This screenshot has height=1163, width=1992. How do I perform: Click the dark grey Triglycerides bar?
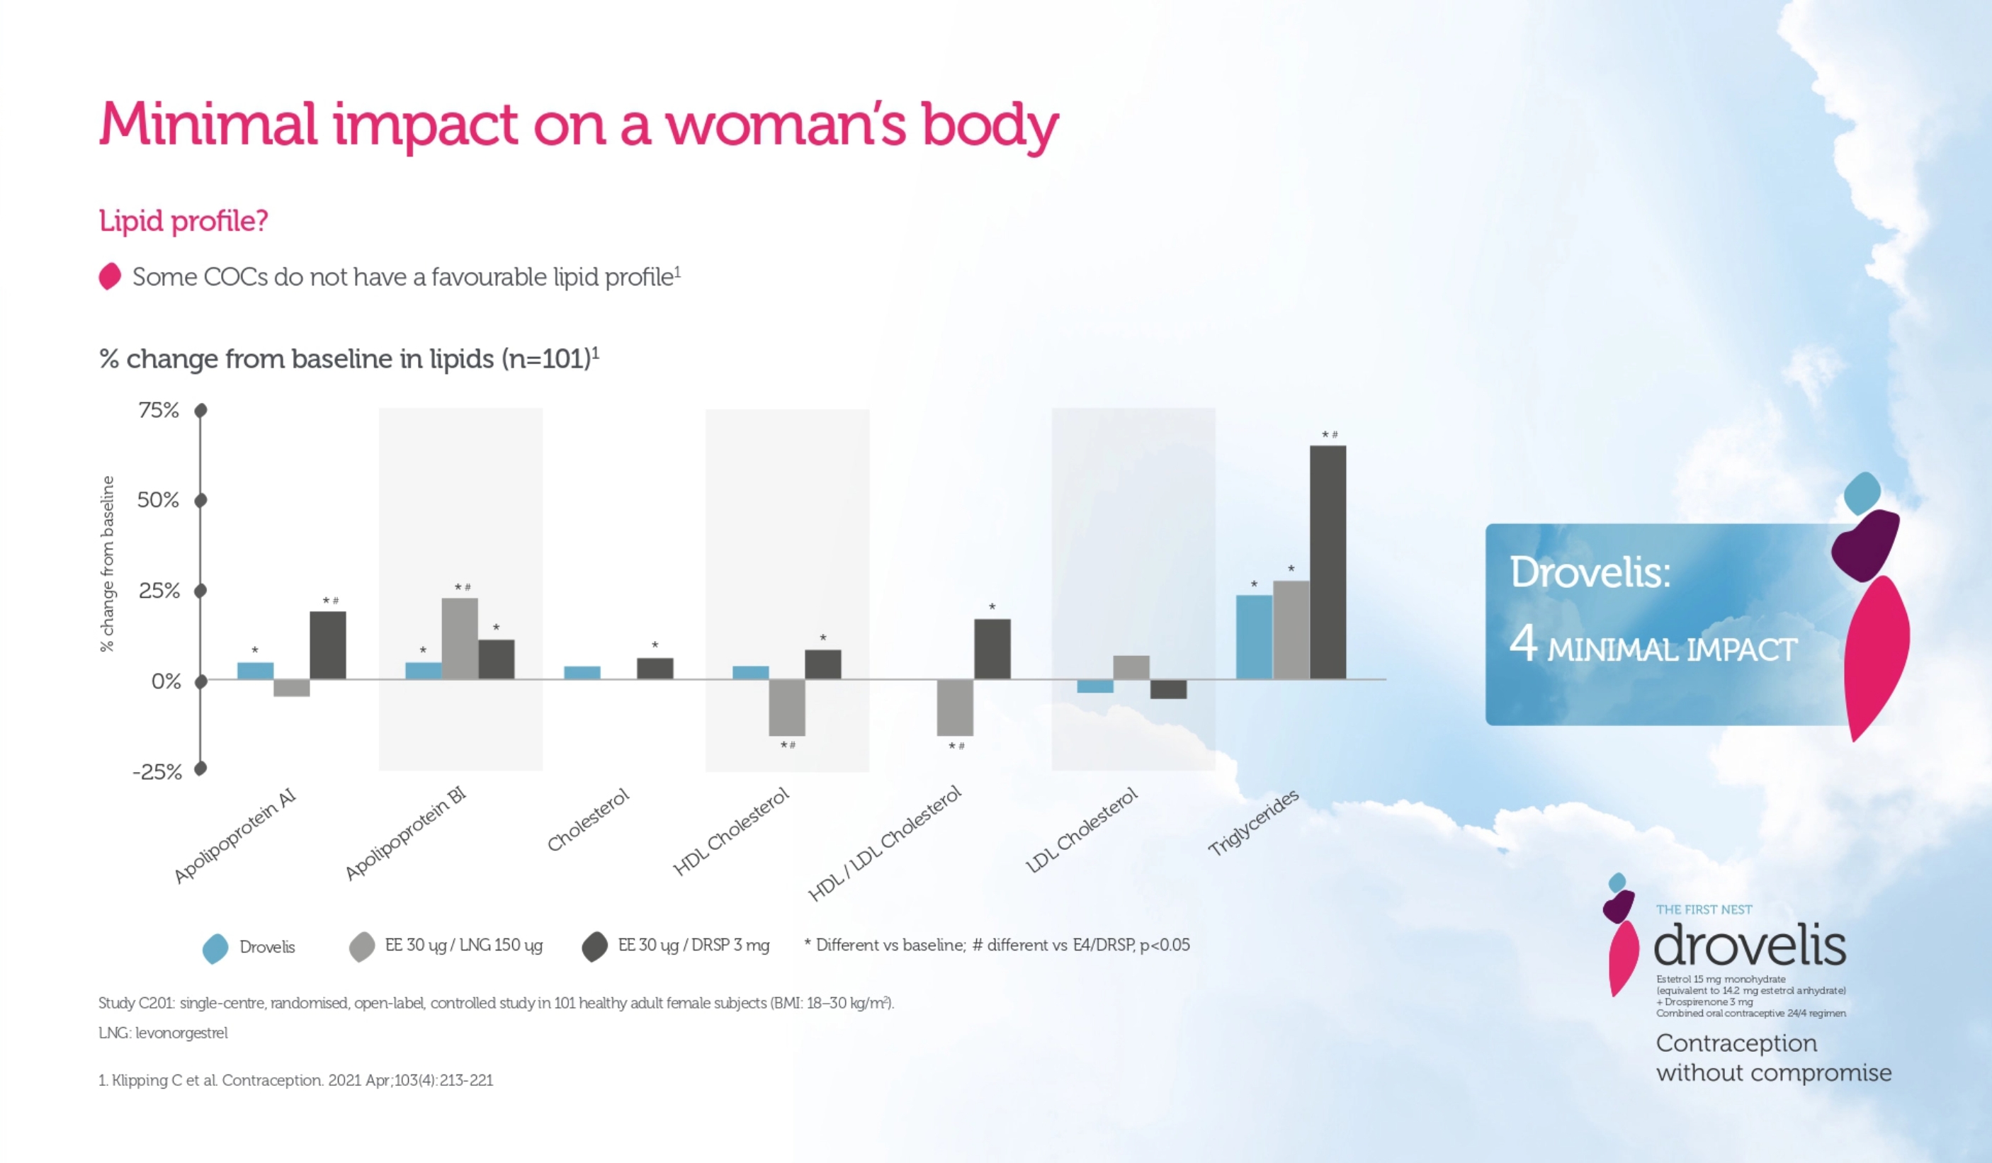(1328, 562)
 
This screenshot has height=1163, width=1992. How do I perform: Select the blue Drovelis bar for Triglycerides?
(1254, 637)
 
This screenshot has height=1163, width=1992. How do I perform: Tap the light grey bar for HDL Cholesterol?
(786, 707)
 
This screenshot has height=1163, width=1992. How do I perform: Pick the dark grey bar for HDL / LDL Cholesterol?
(992, 648)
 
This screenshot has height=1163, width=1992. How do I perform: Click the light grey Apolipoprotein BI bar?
(459, 638)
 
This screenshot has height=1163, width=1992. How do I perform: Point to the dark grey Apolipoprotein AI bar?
(327, 645)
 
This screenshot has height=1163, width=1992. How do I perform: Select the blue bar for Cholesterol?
(582, 672)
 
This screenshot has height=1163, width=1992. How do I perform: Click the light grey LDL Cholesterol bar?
(1131, 667)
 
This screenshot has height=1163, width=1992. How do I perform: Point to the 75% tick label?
(159, 410)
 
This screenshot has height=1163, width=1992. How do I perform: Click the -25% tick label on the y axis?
(157, 771)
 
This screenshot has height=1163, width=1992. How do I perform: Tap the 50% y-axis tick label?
(158, 499)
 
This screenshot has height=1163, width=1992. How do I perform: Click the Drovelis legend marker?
(215, 948)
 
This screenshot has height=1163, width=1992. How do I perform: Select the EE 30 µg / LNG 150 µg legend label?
(463, 945)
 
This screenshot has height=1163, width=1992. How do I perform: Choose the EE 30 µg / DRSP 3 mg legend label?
(694, 945)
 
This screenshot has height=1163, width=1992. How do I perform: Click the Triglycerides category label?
(1253, 822)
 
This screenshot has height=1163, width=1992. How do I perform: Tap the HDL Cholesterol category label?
(730, 831)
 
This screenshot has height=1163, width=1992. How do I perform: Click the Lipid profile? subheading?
(183, 220)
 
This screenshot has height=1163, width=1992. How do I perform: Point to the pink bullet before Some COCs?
(110, 277)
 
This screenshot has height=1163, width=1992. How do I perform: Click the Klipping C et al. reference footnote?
(295, 1080)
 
